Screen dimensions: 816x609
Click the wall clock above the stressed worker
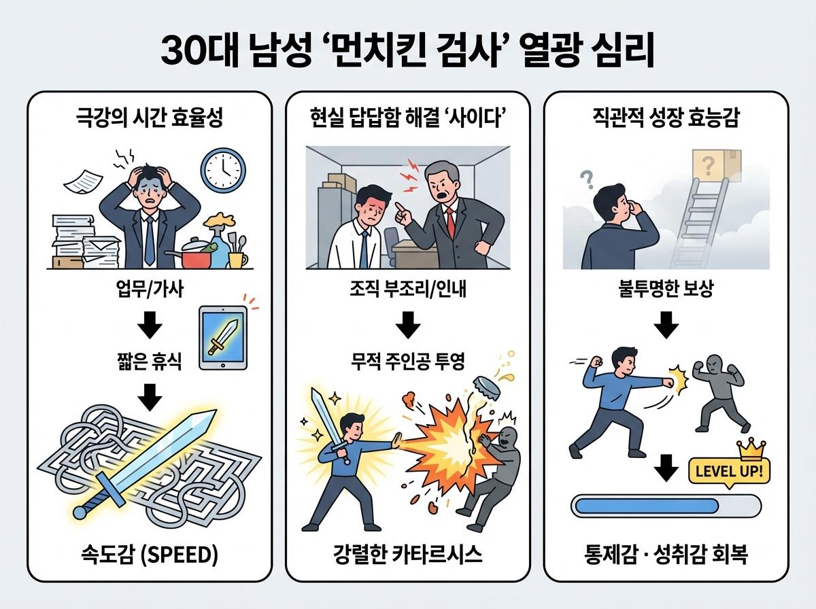[x=223, y=169]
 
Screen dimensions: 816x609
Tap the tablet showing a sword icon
[x=224, y=338]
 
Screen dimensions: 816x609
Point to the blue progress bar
[x=666, y=506]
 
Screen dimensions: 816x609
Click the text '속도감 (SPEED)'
[x=149, y=555]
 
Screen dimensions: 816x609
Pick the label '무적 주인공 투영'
[x=408, y=362]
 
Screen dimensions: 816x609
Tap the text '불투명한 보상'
[x=666, y=292]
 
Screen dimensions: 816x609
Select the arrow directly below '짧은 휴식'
[x=149, y=394]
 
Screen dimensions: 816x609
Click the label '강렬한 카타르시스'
[x=408, y=555]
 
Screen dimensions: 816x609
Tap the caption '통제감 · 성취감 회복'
[x=666, y=555]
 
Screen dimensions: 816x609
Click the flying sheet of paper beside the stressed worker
[x=81, y=179]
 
